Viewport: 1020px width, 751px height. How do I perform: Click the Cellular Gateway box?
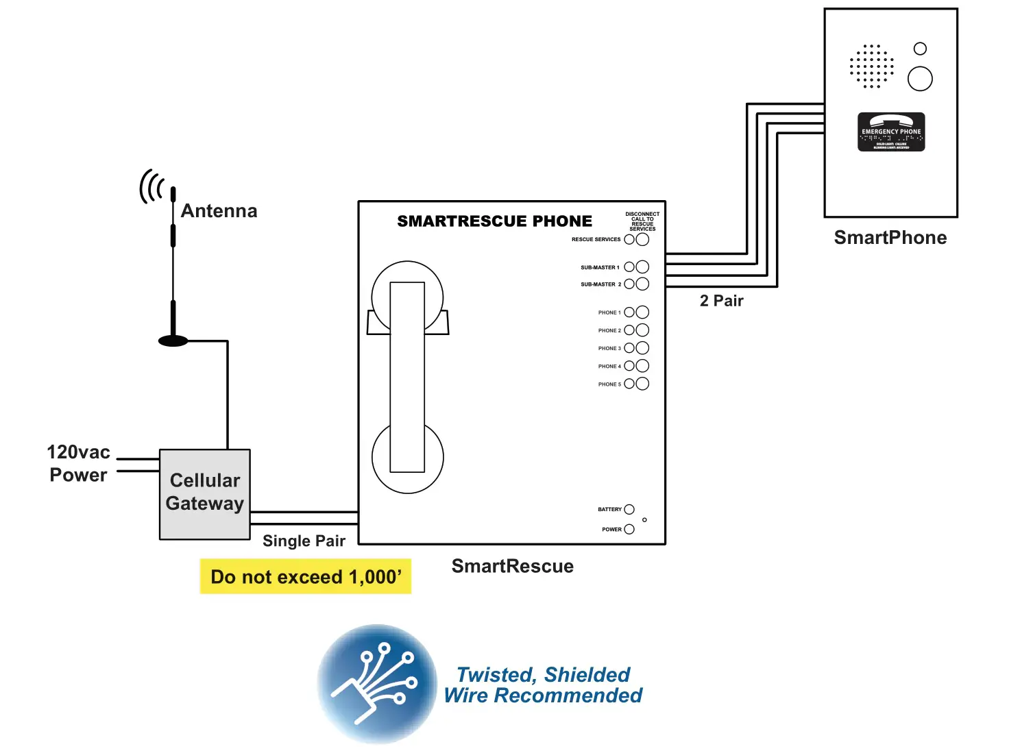coord(204,493)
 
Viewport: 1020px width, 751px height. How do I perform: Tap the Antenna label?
coord(219,211)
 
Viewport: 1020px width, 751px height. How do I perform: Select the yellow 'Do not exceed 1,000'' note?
coord(305,576)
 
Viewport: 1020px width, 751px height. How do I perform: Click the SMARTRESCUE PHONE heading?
coord(494,221)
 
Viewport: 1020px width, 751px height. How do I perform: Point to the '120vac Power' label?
coord(78,464)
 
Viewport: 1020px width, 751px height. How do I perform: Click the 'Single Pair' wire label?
coord(304,541)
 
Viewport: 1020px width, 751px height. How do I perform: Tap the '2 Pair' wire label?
coord(721,301)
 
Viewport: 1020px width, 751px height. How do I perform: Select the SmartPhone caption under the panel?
coord(890,238)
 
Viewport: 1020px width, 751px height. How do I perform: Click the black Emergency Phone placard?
coord(891,132)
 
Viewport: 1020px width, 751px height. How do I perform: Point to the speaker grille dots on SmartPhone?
coord(871,66)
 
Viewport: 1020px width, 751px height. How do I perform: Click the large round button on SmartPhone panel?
coord(920,79)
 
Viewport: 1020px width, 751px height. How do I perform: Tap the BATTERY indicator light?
coord(629,509)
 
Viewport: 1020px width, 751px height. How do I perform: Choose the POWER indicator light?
coord(629,529)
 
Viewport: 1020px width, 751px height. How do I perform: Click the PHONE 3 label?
coord(609,349)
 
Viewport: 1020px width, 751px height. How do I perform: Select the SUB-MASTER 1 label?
coord(600,268)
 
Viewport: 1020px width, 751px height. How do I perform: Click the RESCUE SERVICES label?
coord(596,240)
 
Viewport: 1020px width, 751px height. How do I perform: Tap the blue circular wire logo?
coord(377,683)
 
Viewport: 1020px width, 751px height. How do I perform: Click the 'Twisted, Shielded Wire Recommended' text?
coord(543,685)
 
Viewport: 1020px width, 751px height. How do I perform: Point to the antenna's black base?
coord(173,341)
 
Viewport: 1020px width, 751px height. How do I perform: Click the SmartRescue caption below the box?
coord(512,566)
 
